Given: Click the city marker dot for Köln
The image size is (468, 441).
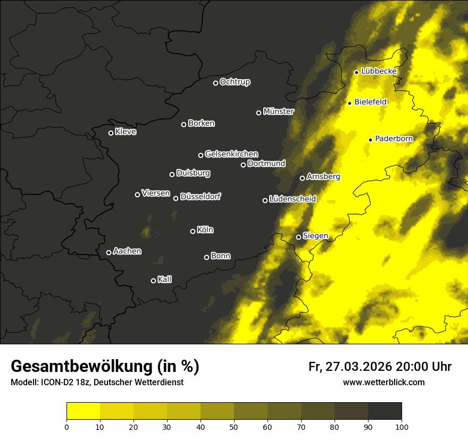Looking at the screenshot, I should coord(193,231).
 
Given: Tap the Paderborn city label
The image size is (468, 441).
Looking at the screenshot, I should coord(394,139).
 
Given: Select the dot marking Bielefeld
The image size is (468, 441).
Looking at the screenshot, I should coord(349,103).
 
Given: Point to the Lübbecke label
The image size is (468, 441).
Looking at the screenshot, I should coord(379,71).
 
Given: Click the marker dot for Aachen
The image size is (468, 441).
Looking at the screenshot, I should coord(108,252).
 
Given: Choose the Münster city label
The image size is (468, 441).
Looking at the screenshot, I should coord(279,112).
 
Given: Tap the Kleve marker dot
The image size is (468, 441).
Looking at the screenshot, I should coord(111,133).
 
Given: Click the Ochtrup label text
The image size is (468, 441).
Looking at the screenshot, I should coord(235,82).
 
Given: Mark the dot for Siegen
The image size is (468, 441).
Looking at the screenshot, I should coord(298,237).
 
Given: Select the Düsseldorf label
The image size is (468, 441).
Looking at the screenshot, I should coord(200,197).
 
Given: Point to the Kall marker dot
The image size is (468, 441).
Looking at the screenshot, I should coord(153,281).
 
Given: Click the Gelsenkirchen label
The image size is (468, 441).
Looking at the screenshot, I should coord(231,154).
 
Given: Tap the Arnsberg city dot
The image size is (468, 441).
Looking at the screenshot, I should coord(302,178).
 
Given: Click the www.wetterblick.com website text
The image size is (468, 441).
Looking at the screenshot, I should coord(384,382).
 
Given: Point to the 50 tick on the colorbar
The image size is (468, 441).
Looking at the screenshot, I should coord(234,426).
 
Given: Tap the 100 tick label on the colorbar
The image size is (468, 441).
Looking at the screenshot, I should coord(402,426).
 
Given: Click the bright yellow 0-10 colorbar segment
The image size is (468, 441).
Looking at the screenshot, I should coord(83,411).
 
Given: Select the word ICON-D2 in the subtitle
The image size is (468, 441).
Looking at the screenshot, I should coord(54,383).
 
